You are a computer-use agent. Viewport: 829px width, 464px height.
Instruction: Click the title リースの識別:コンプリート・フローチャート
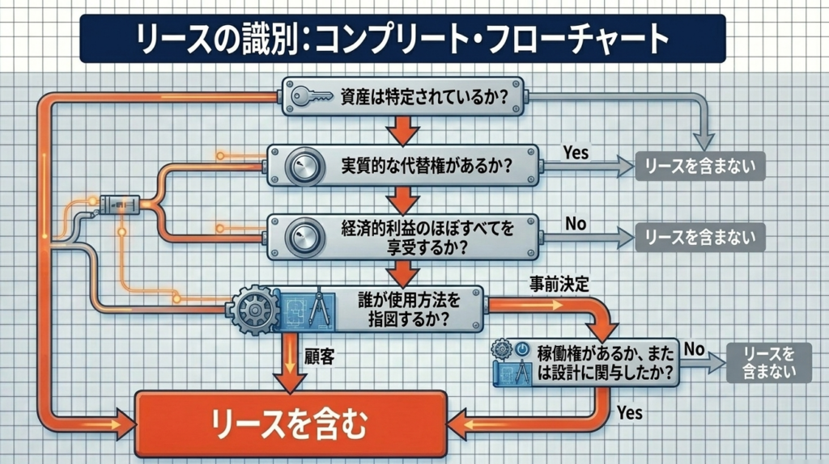(402, 38)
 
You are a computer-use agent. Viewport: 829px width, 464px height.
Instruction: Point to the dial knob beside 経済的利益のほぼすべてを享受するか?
(303, 235)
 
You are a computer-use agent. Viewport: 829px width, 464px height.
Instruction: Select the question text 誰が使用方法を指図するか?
(409, 308)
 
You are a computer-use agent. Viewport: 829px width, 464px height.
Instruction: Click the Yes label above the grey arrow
(576, 151)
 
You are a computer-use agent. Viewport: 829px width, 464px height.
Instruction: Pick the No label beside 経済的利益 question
(576, 223)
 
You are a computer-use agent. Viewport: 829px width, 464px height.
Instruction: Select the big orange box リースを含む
(290, 424)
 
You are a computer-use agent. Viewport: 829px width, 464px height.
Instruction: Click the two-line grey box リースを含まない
(769, 361)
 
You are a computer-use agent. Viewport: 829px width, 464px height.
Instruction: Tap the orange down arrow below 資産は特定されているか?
(402, 129)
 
